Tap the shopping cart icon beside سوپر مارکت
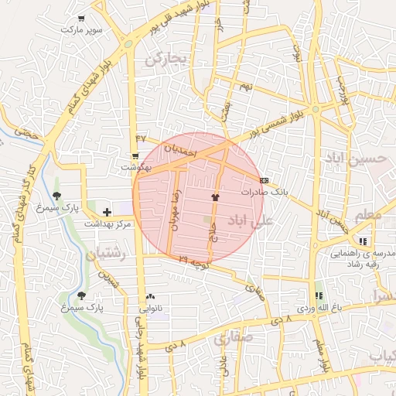[x=82, y=17]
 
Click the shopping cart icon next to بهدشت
[x=135, y=155]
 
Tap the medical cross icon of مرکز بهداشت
[x=107, y=211]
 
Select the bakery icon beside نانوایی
[x=150, y=297]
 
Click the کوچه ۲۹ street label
[x=194, y=263]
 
